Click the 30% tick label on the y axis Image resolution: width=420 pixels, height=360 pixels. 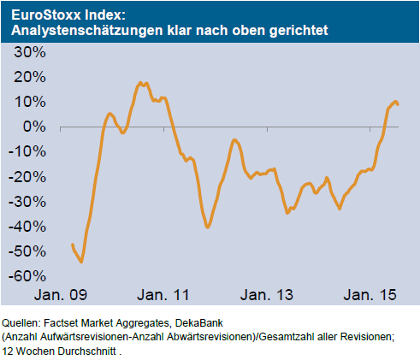[x=27, y=52]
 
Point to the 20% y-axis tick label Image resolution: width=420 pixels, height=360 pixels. [x=27, y=77]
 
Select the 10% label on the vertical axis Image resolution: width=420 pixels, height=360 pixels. [x=27, y=102]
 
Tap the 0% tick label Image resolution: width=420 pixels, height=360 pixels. [x=32, y=127]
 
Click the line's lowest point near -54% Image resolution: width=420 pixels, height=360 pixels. [x=81, y=262]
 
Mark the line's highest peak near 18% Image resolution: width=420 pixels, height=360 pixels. [x=139, y=83]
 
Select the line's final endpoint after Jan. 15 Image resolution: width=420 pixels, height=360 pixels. [x=398, y=105]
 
